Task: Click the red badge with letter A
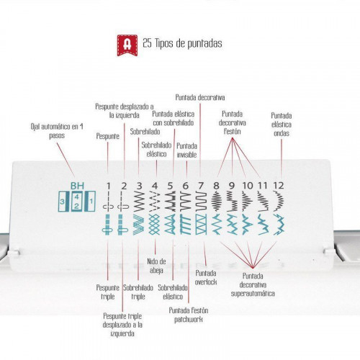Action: click(127, 45)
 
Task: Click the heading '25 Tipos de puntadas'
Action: click(182, 43)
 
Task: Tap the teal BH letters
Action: click(77, 186)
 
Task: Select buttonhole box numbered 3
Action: click(63, 201)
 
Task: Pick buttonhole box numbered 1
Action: click(90, 201)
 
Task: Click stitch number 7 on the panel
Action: click(201, 186)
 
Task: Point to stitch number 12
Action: click(279, 186)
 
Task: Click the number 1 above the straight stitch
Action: click(109, 186)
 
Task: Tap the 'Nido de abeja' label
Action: click(156, 266)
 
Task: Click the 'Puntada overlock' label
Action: click(206, 277)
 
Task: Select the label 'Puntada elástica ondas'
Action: click(282, 125)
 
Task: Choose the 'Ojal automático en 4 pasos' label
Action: click(57, 131)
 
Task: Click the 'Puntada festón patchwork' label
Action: click(189, 315)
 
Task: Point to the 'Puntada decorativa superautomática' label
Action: click(253, 284)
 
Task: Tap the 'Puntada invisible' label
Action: click(186, 150)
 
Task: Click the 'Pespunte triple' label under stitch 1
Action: click(107, 292)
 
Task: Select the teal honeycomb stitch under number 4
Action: click(154, 225)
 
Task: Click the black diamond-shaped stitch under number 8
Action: click(217, 201)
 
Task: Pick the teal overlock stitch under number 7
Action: click(201, 225)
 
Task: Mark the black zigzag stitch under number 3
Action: click(139, 201)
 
